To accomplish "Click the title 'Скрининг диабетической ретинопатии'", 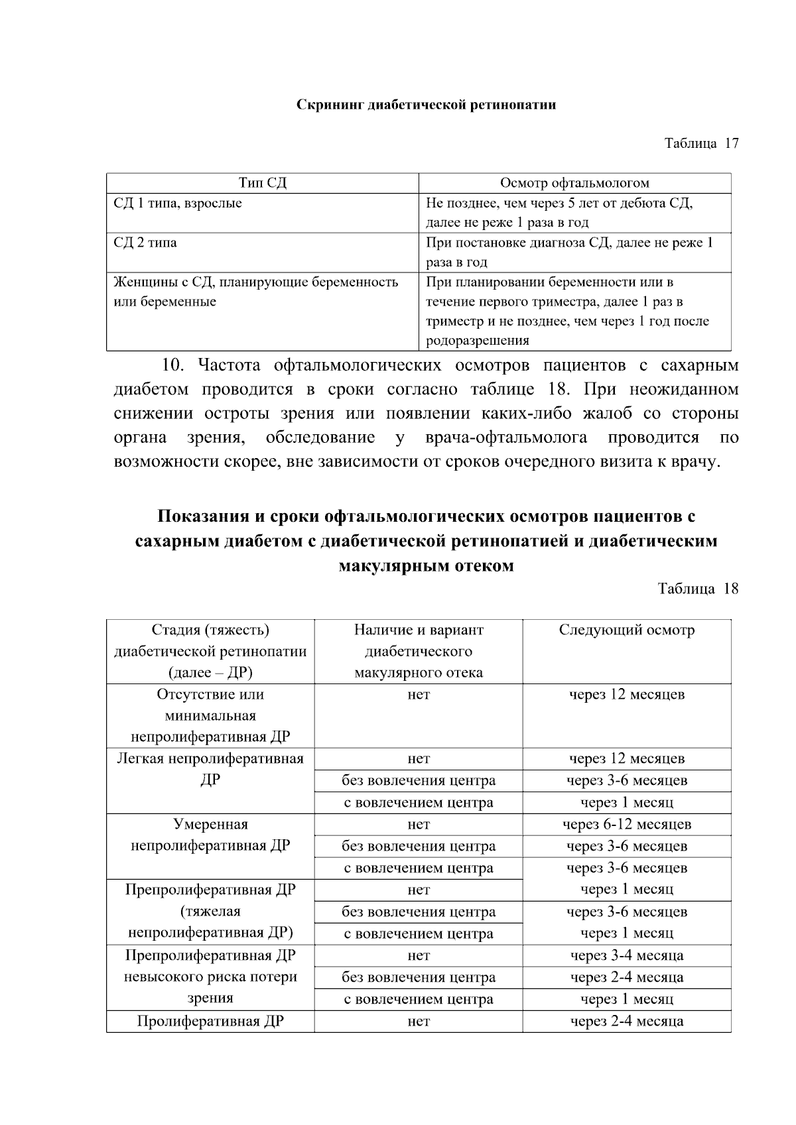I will pyautogui.click(x=425, y=105).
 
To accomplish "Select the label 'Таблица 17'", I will pyautogui.click(x=701, y=143).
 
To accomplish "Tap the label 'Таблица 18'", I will pyautogui.click(x=697, y=589).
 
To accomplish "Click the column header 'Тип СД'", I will pyautogui.click(x=263, y=184).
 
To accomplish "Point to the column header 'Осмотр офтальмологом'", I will pyautogui.click(x=574, y=184).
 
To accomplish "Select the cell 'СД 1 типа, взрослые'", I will pyautogui.click(x=178, y=204).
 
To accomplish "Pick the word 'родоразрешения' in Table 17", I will pyautogui.click(x=477, y=341).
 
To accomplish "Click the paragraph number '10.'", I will pyautogui.click(x=176, y=365).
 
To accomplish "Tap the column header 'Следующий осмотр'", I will pyautogui.click(x=626, y=630).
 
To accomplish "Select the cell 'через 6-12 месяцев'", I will pyautogui.click(x=626, y=825).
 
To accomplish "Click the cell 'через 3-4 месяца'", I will pyautogui.click(x=626, y=956).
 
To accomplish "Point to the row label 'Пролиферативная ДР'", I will pyautogui.click(x=210, y=1022).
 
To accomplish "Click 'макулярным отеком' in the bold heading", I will pyautogui.click(x=425, y=567).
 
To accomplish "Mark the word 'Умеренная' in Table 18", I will pyautogui.click(x=210, y=825).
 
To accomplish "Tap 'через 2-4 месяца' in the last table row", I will pyautogui.click(x=626, y=1022).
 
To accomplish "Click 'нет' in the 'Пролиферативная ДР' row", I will pyautogui.click(x=419, y=1022).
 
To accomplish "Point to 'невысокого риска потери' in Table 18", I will pyautogui.click(x=210, y=977).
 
